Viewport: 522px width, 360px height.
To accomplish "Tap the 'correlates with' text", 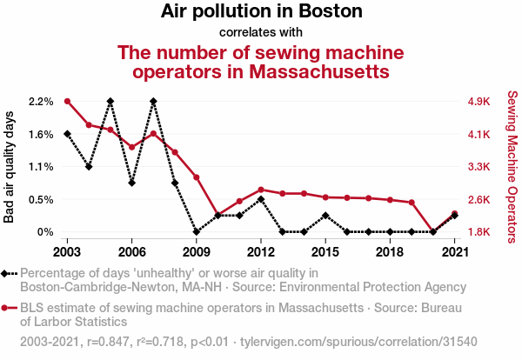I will pos(261,33).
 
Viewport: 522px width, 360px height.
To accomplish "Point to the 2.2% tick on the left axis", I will pos(41,102).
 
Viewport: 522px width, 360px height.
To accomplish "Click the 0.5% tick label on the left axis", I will pos(41,199).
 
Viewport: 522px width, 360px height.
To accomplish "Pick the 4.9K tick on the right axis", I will pos(479,102).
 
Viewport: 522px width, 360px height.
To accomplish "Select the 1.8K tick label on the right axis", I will pos(479,232).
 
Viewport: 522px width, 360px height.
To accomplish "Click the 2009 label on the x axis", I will pos(196,251).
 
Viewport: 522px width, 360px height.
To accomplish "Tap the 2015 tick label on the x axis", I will pos(325,251).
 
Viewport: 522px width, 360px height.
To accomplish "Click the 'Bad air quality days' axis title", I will pos(10,167).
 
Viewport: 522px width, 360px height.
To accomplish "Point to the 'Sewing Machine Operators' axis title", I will pos(512,167).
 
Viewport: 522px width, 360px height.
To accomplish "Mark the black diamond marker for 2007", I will pos(153,101).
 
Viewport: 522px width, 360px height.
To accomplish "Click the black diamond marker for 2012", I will pos(261,199).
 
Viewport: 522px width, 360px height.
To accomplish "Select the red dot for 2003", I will pos(67,101).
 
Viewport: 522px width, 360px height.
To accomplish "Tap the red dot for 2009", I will pos(197,177).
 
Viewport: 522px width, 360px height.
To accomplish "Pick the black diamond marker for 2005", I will pos(110,101).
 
